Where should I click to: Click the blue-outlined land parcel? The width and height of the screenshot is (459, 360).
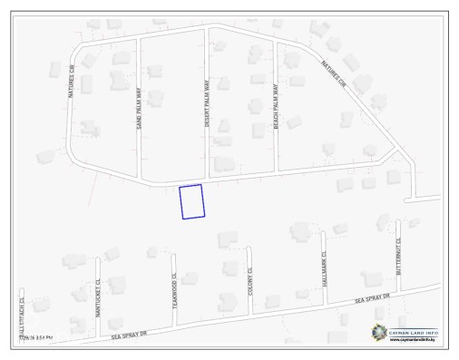191,201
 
